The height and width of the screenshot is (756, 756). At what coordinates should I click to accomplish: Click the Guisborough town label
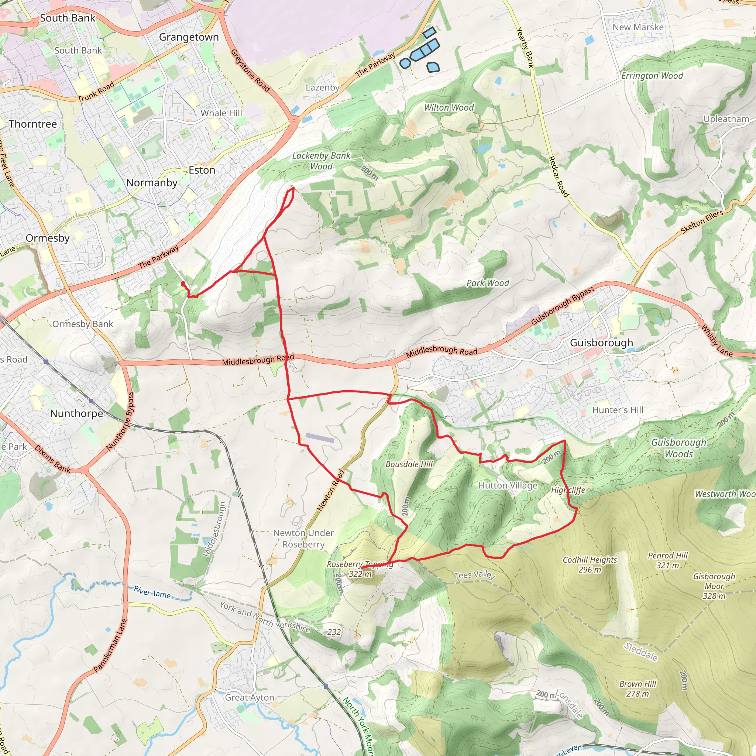coord(601,343)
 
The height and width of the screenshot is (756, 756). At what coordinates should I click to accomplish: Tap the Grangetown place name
coord(189,37)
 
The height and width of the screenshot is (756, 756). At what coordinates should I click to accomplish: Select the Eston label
coord(202,170)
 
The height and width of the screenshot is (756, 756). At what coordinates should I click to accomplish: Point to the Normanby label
coord(152,183)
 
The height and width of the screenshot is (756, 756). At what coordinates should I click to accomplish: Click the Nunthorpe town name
coord(77,413)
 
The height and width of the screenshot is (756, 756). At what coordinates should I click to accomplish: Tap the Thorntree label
coord(33,124)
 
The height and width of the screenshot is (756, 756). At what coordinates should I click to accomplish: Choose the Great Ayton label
coord(250,697)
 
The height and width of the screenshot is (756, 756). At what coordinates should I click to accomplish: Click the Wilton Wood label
coord(449,108)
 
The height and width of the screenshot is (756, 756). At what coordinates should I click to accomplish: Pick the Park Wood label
coord(488,283)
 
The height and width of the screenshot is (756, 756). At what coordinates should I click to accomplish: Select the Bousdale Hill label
coord(409,464)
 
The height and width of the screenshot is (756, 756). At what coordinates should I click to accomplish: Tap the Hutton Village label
coord(508,486)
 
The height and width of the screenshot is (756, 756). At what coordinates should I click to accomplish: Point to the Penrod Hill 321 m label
coord(668,560)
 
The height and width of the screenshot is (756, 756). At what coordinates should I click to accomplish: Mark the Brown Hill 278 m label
coord(638,689)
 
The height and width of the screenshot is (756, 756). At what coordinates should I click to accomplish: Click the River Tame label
coord(152,592)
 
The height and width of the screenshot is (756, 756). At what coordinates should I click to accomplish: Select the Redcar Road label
coord(559,176)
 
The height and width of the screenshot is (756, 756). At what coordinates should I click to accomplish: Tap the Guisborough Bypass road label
coord(563,306)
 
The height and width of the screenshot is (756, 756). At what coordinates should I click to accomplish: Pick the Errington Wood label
coord(652,76)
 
